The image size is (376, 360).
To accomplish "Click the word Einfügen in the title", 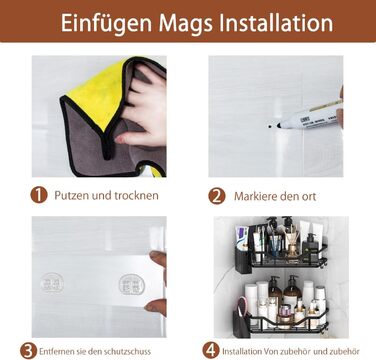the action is pos(107,24).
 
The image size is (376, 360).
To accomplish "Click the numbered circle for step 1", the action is pos(39,195).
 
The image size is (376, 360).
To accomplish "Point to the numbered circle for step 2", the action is pos(217,196).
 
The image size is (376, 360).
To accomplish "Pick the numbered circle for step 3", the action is pos(28,351).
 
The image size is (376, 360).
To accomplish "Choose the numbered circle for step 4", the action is pos(211,351).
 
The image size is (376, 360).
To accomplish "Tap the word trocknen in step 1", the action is pos(136,195).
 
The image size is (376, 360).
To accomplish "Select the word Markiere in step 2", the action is pos(255,196).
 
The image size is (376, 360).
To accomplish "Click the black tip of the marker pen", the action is pos(279,126).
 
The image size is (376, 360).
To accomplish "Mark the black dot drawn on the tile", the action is pos(270,127).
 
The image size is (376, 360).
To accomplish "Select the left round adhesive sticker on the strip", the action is pos(52,283).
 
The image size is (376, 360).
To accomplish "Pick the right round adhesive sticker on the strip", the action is pos(132,284).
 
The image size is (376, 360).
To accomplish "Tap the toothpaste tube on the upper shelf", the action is pos(241,238).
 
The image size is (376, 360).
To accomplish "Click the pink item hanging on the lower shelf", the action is pos(242,306).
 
